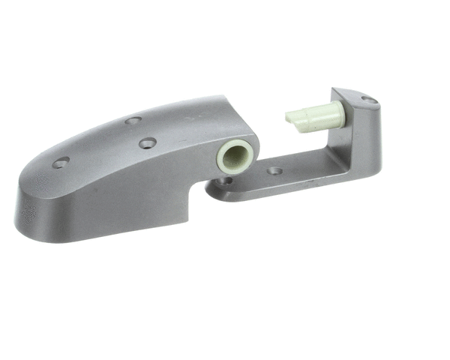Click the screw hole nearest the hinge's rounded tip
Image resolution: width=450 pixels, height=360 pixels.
61,162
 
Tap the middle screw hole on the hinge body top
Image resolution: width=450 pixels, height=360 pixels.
148,142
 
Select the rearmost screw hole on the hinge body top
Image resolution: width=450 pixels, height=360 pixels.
133,120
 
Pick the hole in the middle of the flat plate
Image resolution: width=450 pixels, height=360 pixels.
275,171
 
